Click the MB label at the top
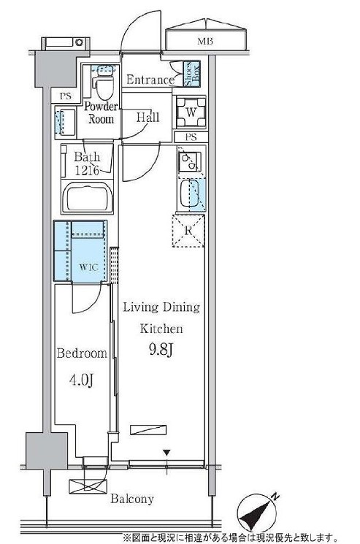205,42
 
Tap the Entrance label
150,80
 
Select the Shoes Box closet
192,73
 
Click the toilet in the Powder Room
104,84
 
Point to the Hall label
148,117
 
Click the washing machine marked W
191,112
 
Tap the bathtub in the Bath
87,197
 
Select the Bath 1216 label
87,164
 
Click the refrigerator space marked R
188,231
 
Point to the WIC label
88,267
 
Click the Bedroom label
82,353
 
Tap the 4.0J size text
82,380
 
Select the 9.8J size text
161,350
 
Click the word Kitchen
161,329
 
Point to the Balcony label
132,499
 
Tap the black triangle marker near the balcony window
166,453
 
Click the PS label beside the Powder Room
65,96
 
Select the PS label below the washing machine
191,137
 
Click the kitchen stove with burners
189,161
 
